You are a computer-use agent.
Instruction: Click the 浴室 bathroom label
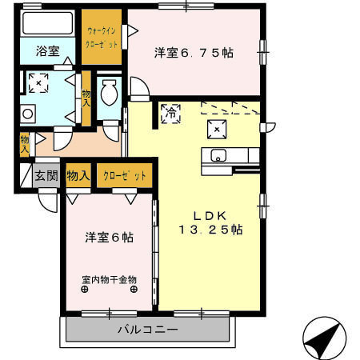(x=47, y=51)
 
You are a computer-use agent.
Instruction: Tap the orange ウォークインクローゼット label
(x=102, y=38)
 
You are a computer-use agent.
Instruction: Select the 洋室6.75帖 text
(x=194, y=53)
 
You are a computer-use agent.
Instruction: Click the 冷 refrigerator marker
(x=170, y=114)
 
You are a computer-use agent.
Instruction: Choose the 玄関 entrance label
(x=45, y=176)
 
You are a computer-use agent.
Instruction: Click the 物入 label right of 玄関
(x=78, y=176)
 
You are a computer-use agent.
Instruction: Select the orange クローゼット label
(x=125, y=176)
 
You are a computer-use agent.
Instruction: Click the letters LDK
(x=211, y=214)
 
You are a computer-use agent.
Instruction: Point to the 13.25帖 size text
(x=210, y=230)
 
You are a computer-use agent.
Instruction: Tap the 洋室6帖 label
(x=110, y=238)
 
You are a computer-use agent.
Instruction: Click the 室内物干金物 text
(x=109, y=280)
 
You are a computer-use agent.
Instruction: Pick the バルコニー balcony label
(x=148, y=328)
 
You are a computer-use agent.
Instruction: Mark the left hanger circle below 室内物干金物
(x=84, y=290)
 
